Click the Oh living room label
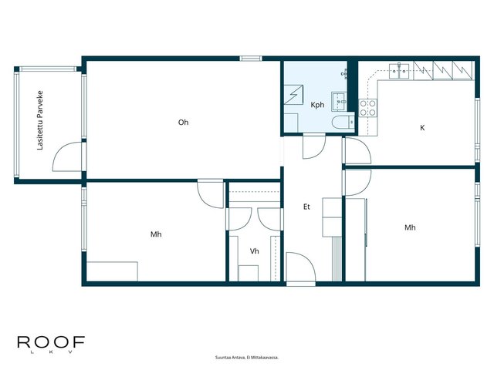click(x=183, y=122)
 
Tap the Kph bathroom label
click(x=317, y=105)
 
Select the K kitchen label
click(x=422, y=128)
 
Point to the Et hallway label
click(x=306, y=207)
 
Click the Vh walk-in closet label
click(x=254, y=251)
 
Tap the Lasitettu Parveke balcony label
click(x=40, y=120)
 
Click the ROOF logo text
click(x=51, y=342)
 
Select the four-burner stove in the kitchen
click(x=368, y=108)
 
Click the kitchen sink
click(x=399, y=71)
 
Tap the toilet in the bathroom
click(x=343, y=122)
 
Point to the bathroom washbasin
click(x=339, y=102)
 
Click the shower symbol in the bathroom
click(x=293, y=95)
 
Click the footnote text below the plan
click(x=247, y=358)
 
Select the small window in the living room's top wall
click(x=251, y=59)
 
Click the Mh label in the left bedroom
click(x=156, y=234)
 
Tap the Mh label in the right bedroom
click(x=410, y=227)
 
